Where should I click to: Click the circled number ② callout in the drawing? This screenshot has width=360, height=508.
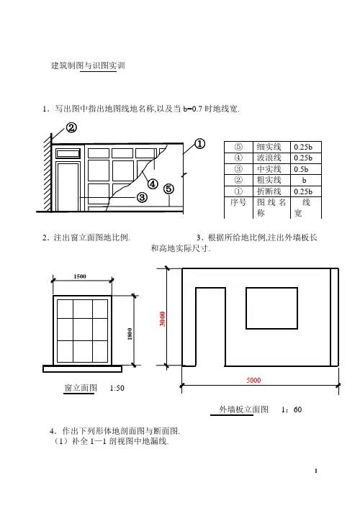pos(71,127)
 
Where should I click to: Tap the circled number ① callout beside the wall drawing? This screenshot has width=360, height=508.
pos(199,143)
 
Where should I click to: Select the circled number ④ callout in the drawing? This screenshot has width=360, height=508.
pos(153,184)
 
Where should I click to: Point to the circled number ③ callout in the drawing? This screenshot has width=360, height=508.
pos(142,197)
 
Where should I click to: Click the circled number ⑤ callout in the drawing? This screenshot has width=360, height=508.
pos(168,189)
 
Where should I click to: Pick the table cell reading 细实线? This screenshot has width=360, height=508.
pos(269,147)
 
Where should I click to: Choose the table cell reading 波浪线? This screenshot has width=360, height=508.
pos(269,158)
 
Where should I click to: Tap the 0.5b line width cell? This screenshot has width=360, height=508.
pos(301,169)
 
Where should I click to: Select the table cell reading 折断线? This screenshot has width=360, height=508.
pos(269,191)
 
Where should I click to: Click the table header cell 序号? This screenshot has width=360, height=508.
pos(238,202)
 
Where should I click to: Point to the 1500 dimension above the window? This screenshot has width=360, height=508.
pos(80,276)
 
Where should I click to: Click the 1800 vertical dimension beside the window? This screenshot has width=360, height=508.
pos(130,334)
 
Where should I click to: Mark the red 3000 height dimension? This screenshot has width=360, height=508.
pos(163,319)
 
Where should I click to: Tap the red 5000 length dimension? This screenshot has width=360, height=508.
pos(253,380)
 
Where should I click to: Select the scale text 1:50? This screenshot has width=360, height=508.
pos(117,388)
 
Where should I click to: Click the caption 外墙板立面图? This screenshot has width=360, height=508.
pos(244,409)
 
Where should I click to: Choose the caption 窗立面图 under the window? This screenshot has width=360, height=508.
pos(81,388)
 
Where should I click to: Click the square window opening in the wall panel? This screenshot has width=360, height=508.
pos(271,308)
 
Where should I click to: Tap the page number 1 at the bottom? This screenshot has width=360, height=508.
pos(316,471)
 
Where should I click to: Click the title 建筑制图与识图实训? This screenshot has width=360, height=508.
pos(88,65)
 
